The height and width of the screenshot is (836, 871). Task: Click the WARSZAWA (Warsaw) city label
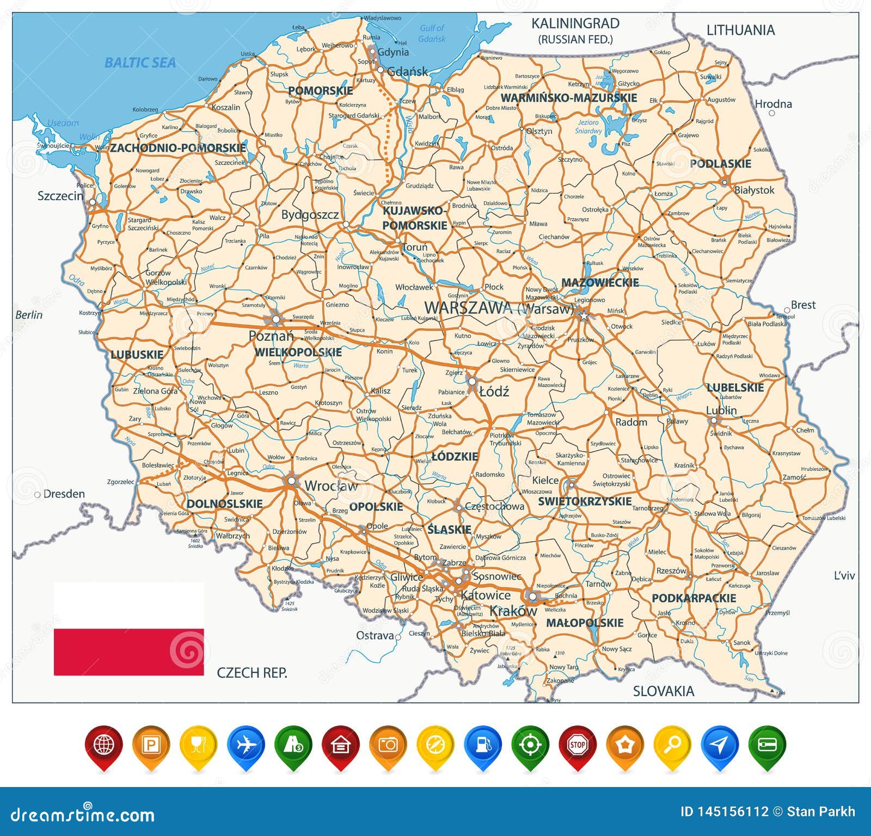point(499,308)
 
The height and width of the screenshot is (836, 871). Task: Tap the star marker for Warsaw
point(584,315)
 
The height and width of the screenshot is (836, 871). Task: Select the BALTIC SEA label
point(140,63)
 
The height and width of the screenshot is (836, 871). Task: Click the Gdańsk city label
point(407,71)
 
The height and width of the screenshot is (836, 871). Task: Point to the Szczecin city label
point(60,196)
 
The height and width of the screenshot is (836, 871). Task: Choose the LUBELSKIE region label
point(735,388)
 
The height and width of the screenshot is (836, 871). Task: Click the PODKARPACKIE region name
point(694,598)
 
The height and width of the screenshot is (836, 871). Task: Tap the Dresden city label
point(64,494)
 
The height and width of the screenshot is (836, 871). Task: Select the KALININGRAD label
point(575,24)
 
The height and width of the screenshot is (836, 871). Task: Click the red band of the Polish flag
point(128,652)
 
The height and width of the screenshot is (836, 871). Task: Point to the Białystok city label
point(754,190)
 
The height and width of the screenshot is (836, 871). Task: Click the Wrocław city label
point(331,485)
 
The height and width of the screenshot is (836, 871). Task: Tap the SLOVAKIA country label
point(663,691)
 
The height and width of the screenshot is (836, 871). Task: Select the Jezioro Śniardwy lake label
point(588,127)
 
